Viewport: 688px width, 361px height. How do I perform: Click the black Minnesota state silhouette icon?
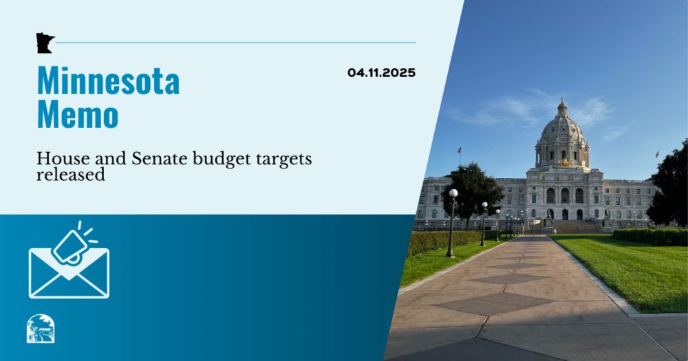point(45,43)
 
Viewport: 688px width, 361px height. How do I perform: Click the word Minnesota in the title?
point(109,80)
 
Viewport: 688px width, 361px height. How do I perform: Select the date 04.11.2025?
point(381,72)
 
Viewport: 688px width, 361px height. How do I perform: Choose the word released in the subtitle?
point(71,175)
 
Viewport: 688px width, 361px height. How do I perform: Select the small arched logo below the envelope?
point(41,329)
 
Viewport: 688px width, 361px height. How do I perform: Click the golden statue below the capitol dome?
point(565,163)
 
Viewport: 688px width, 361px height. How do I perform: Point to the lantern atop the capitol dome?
point(562,107)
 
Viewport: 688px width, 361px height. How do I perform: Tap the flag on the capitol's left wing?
point(460,150)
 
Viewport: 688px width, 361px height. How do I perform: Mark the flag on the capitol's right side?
point(657,154)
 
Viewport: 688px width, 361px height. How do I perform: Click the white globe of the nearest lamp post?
point(453,193)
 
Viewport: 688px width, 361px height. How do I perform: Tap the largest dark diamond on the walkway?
point(493,303)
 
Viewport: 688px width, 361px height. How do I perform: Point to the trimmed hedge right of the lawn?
point(650,237)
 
